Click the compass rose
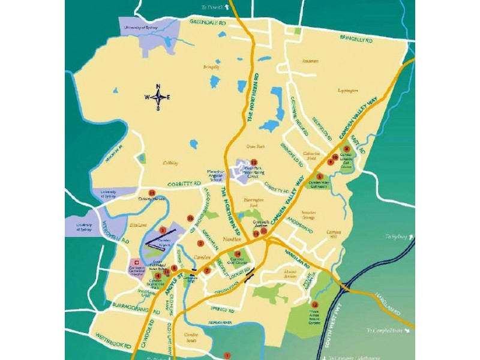[158, 97]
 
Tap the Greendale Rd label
[209, 22]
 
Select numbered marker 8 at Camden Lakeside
[347, 149]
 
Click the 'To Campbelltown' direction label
[387, 331]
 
